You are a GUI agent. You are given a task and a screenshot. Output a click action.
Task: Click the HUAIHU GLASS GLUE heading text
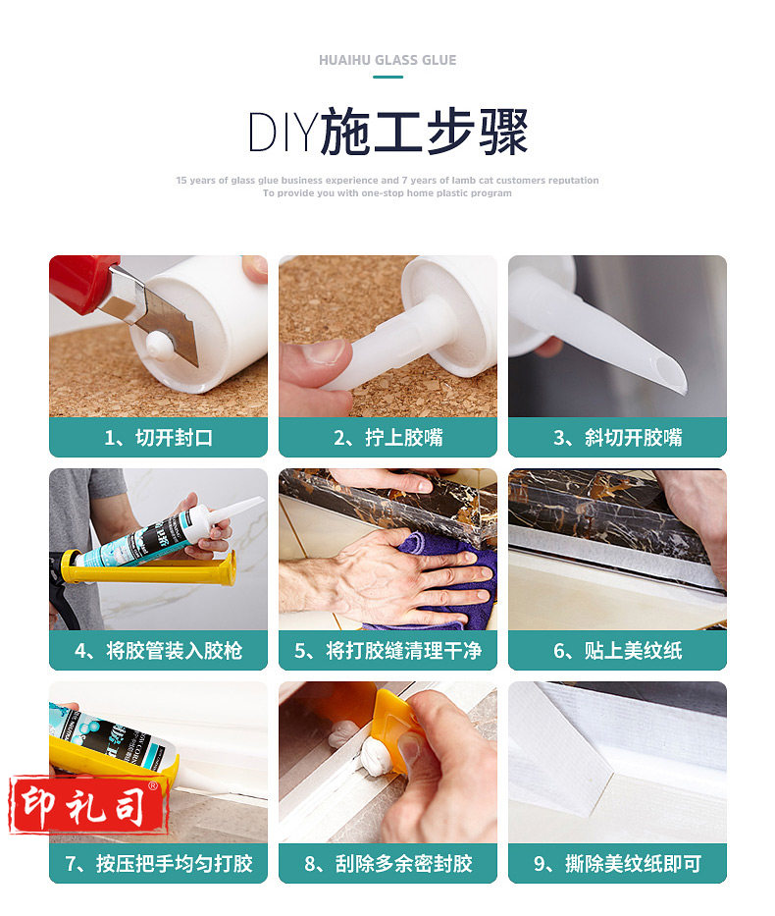pyautogui.click(x=387, y=60)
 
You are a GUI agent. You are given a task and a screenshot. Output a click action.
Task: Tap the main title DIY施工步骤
pyautogui.click(x=387, y=132)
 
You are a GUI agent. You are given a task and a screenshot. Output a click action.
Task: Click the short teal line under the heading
pyautogui.click(x=387, y=77)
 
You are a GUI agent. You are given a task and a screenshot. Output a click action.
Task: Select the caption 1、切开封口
pyautogui.click(x=158, y=438)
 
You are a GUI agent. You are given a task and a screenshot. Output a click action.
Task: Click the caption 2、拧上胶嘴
pyautogui.click(x=388, y=438)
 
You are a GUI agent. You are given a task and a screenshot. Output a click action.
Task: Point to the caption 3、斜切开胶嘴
pyautogui.click(x=617, y=438)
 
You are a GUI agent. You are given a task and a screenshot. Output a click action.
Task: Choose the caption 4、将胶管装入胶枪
pyautogui.click(x=158, y=650)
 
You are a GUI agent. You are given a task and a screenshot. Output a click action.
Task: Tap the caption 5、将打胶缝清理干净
pyautogui.click(x=388, y=650)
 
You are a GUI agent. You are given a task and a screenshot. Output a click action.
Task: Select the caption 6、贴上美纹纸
pyautogui.click(x=617, y=650)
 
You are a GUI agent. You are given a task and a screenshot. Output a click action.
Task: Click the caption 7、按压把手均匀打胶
pyautogui.click(x=158, y=863)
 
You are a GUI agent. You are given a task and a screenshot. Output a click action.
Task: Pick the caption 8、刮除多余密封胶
pyautogui.click(x=388, y=863)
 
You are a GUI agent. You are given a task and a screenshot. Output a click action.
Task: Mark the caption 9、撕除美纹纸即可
pyautogui.click(x=617, y=863)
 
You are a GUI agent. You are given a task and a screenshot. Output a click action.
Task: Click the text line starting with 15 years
pyautogui.click(x=387, y=181)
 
